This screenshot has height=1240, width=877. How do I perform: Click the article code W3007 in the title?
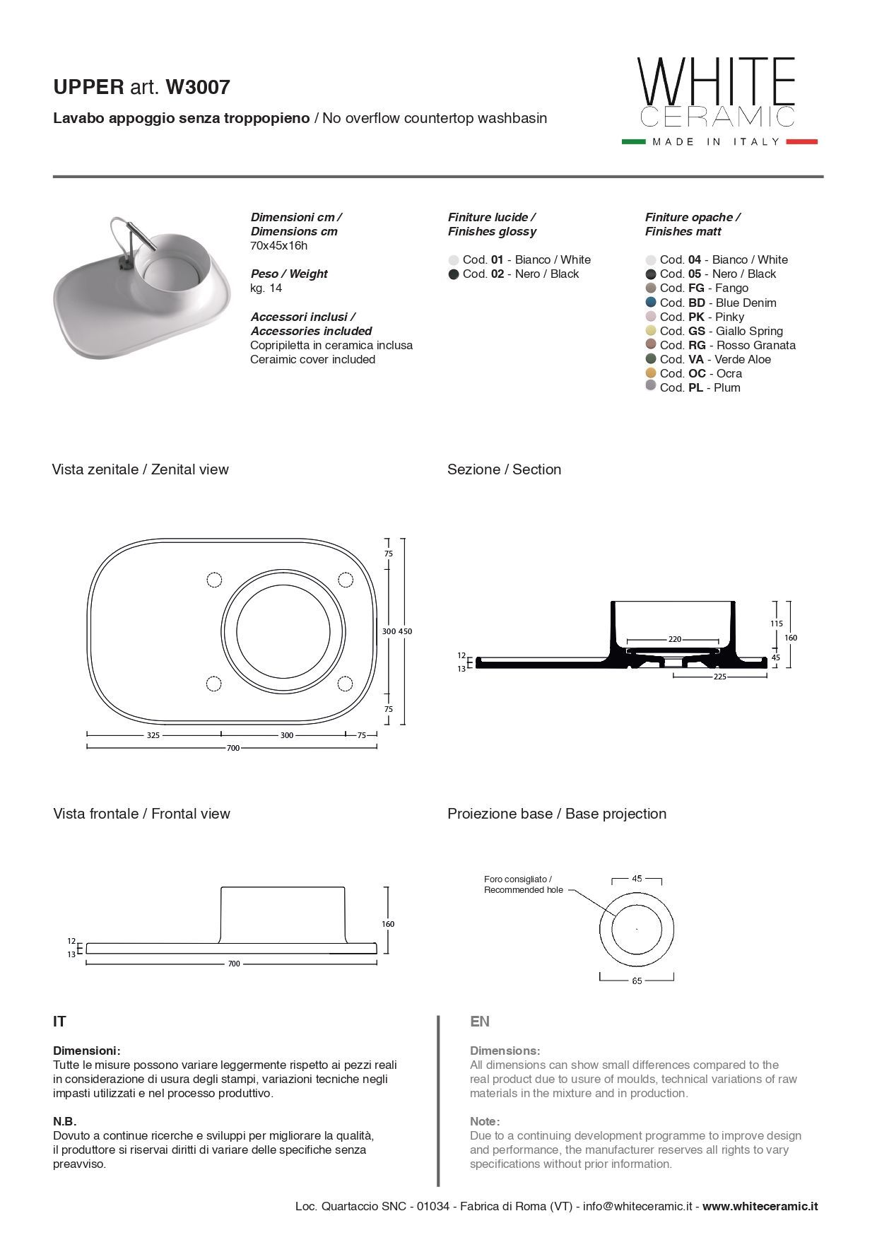coord(197,87)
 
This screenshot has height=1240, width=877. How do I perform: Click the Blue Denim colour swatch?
coord(651,303)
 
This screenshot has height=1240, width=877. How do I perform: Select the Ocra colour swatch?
coord(651,373)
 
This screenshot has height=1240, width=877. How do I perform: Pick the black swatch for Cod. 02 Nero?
coord(454,274)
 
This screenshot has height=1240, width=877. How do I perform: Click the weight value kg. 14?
coord(266,288)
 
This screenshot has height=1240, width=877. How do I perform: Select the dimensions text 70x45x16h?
coord(278,245)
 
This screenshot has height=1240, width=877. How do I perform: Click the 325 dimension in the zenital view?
coord(153,735)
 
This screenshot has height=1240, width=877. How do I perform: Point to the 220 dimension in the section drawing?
coord(675,639)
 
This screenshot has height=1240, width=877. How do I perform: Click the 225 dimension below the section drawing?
coord(719,677)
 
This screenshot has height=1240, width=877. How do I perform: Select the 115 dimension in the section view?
coord(776,624)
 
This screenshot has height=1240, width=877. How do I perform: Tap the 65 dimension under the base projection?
coord(637,981)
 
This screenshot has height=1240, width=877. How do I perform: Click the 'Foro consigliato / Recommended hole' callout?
coord(523,884)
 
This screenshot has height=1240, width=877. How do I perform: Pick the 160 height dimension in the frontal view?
coord(388,924)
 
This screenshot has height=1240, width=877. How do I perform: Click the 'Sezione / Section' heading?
coord(504,469)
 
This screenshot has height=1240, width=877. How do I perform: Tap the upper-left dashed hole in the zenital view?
coord(214,580)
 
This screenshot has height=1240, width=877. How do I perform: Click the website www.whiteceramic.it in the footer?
coord(760,1207)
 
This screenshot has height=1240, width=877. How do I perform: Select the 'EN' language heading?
coord(480,1022)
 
